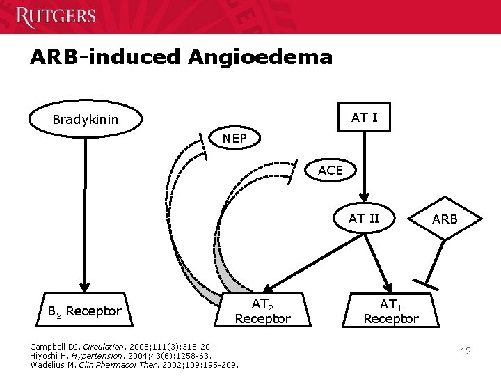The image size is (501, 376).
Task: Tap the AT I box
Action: click(x=364, y=118)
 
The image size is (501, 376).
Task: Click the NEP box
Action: click(x=234, y=139)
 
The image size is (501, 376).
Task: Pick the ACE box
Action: click(x=330, y=171)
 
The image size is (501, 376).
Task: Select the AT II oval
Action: click(x=364, y=219)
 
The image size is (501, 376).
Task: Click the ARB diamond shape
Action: click(x=445, y=219)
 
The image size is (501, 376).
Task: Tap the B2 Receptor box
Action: click(x=85, y=311)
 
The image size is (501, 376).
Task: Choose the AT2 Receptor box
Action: click(x=262, y=311)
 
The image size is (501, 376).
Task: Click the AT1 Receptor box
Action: click(x=390, y=311)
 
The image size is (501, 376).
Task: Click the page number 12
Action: click(x=466, y=351)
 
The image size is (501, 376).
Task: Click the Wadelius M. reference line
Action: click(x=134, y=364)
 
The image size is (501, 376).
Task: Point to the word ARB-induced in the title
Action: click(x=104, y=56)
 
